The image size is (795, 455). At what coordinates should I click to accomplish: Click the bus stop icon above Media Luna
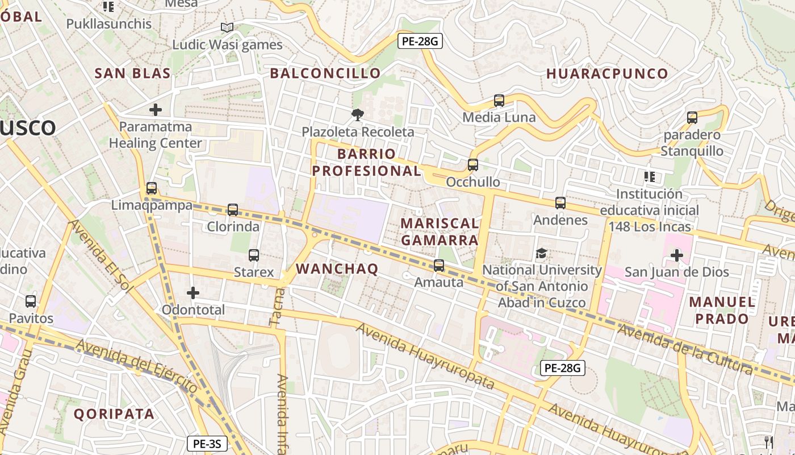tap(499, 101)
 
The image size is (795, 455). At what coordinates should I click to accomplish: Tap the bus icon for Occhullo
tap(472, 165)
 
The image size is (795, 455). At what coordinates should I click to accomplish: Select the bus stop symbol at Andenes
tap(560, 203)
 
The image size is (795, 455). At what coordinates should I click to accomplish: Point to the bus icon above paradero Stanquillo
tap(692, 118)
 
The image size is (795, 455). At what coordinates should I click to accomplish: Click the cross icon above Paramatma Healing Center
tap(155, 109)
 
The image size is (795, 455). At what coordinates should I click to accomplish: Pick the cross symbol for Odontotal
tap(193, 293)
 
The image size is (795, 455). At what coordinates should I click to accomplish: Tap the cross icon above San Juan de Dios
tap(676, 255)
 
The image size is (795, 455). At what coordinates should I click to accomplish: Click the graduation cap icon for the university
tap(541, 253)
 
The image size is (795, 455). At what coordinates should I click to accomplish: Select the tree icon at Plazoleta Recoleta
tap(357, 115)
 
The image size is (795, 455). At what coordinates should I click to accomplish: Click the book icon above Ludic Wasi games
tap(227, 27)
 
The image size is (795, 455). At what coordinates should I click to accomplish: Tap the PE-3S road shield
tap(207, 443)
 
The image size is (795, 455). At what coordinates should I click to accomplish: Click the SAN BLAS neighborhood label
tap(132, 73)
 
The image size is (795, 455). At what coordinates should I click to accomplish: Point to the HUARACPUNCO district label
tap(607, 74)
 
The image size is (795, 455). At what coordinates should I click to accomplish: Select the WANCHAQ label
tap(337, 269)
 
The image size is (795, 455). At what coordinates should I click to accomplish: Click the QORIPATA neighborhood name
tap(114, 414)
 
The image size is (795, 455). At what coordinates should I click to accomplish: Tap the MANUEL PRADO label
tap(722, 310)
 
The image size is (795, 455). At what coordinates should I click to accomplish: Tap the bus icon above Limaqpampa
tap(151, 188)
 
